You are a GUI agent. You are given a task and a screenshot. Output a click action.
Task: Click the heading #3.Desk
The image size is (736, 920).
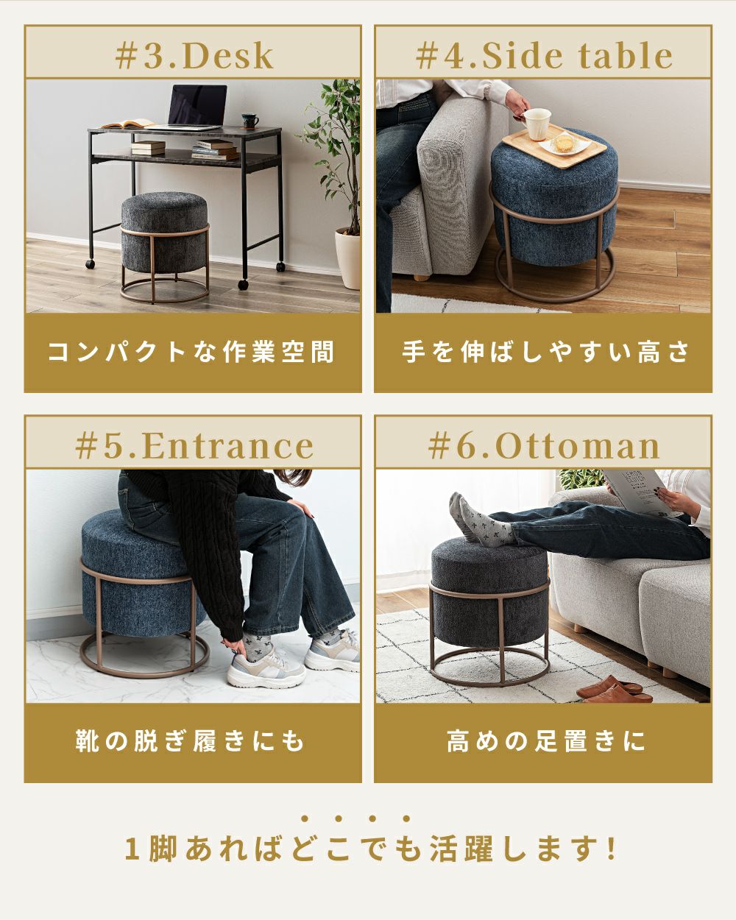pos(194,56)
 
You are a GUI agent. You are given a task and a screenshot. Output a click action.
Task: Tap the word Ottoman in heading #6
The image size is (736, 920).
pos(577,446)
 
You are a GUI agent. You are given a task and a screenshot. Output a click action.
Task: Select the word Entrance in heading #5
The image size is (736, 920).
pos(228,446)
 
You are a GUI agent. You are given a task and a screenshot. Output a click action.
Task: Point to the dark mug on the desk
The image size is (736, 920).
pos(250,121)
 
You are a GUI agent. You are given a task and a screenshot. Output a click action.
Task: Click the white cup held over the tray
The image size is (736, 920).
pos(537,124)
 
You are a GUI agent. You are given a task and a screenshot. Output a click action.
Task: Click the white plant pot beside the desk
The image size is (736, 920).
pos(347,258)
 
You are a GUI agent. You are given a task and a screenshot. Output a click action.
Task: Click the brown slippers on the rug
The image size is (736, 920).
pos(614,690)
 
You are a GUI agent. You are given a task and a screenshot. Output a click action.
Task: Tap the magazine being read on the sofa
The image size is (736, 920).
pos(637,491)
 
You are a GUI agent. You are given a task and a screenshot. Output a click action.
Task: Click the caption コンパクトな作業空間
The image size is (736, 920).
pos(191,353)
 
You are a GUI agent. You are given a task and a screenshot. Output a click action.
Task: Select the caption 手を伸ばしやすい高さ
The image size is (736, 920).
pos(545,353)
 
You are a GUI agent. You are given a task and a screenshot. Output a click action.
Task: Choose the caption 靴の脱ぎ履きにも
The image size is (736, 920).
pos(190,742)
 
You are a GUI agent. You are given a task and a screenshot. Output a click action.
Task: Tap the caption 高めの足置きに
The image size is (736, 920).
pos(546,742)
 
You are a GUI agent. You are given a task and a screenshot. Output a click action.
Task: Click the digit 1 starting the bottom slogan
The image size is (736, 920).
pos(132,849)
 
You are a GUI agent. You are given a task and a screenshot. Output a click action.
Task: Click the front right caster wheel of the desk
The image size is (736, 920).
pos(244,284)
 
